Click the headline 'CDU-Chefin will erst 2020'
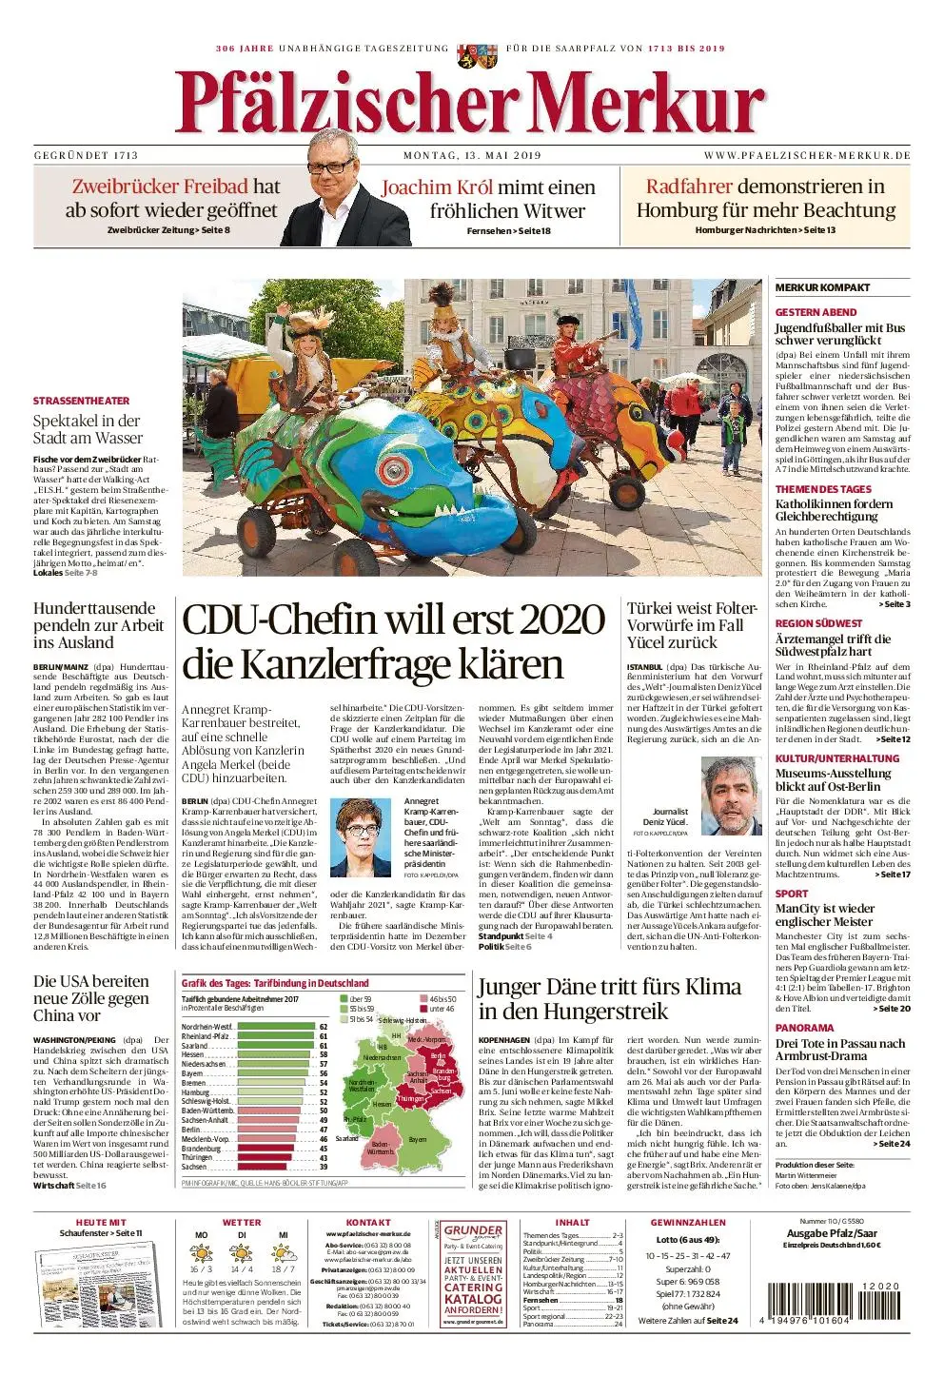[x=393, y=619]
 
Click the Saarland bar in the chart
[x=277, y=1045]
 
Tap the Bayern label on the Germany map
[x=417, y=1140]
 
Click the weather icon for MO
[x=201, y=1253]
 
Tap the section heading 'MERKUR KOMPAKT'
[x=822, y=287]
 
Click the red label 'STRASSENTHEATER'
[x=81, y=401]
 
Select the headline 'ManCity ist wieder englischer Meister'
[x=824, y=914]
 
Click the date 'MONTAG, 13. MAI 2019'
[x=472, y=155]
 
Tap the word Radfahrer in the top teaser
[x=689, y=187]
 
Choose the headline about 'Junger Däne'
[x=609, y=997]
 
